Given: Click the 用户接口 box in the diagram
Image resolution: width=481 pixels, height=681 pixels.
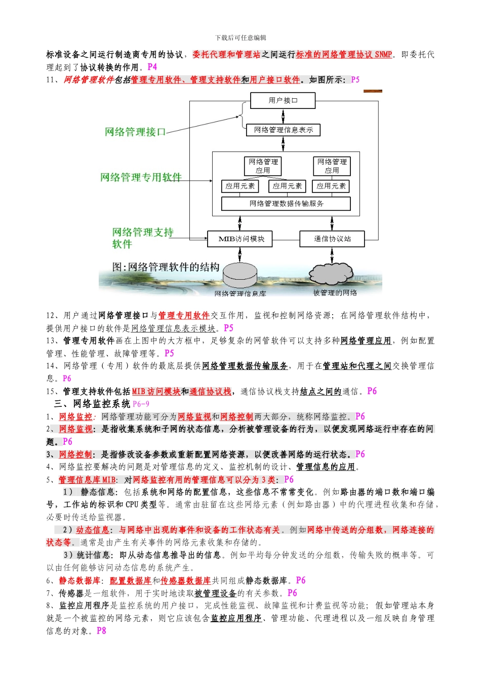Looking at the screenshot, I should (x=283, y=100).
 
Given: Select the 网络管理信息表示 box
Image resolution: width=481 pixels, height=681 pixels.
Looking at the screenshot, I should (x=283, y=130).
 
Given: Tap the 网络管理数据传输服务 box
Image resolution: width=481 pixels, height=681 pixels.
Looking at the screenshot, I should (x=286, y=204).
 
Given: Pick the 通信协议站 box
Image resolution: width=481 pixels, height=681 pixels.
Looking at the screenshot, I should (x=332, y=239).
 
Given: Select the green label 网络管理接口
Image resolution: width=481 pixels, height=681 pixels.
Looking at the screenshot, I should (x=135, y=132).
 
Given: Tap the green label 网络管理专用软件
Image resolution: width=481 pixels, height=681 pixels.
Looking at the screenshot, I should (x=141, y=177).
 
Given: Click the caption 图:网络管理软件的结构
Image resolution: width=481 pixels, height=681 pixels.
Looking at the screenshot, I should (x=166, y=267).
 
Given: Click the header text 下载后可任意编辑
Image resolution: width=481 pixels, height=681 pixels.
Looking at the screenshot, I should (x=240, y=37).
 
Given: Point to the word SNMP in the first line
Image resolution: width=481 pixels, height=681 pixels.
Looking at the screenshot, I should (x=383, y=55).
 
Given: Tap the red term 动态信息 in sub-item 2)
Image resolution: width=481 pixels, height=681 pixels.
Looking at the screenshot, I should (x=93, y=529).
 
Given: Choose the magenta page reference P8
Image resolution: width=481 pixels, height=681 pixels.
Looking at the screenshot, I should (x=101, y=631).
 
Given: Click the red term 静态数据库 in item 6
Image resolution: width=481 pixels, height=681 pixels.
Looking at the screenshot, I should (x=79, y=580).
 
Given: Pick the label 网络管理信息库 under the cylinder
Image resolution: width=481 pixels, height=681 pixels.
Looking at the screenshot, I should (x=240, y=293).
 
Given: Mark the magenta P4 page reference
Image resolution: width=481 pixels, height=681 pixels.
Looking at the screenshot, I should (x=152, y=67).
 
